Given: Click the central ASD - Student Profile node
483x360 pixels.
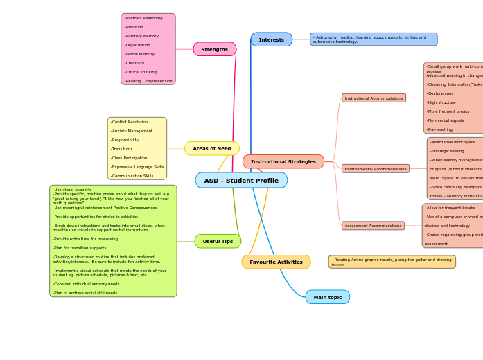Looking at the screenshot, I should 241,181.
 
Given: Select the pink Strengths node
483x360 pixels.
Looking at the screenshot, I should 214,49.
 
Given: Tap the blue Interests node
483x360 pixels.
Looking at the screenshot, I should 271,39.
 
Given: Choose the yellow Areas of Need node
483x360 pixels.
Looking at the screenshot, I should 211,148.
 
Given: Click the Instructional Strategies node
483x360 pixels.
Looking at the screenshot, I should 283,161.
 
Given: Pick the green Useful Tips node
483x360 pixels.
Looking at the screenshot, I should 218,241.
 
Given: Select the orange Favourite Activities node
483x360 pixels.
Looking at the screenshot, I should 276,262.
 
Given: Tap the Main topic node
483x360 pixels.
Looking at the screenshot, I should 327,297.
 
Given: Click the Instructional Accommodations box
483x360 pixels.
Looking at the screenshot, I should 374,98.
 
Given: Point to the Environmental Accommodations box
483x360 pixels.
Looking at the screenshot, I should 375,169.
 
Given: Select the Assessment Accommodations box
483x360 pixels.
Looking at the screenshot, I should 373,226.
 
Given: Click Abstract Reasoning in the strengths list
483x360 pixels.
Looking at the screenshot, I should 143,18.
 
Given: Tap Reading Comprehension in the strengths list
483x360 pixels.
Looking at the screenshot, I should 148,81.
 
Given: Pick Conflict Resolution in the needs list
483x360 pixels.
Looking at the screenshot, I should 130,122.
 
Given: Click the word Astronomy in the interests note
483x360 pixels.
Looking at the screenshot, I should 328,37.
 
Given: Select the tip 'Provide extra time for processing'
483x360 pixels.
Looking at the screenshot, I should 85,239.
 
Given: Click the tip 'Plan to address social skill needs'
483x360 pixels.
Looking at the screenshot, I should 85,293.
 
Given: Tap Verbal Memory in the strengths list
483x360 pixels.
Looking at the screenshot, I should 139,54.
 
